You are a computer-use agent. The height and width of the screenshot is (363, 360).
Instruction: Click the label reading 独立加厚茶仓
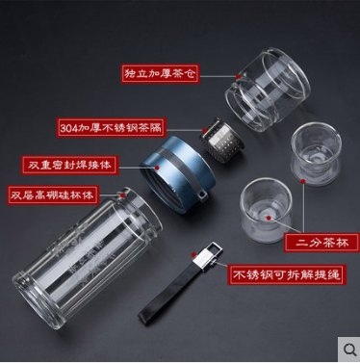point(161,74)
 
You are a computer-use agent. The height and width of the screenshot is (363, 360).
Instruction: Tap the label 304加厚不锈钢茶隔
point(111,128)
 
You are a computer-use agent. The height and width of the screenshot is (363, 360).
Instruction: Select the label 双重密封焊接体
point(69,166)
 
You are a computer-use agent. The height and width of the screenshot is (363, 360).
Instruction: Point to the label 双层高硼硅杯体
point(53,194)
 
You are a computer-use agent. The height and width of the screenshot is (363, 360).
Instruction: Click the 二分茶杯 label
point(321,243)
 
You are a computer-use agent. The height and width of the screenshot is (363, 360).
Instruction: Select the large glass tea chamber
point(268,90)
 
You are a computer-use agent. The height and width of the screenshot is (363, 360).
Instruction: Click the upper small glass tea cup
point(316,154)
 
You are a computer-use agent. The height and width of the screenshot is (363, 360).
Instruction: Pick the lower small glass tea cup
point(266,210)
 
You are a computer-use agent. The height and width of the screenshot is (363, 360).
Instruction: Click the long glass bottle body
point(88,257)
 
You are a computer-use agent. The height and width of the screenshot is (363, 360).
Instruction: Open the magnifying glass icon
point(349,350)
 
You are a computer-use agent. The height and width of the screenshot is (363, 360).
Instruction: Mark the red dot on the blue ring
point(157,168)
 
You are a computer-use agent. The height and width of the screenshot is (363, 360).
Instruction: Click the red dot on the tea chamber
point(238,76)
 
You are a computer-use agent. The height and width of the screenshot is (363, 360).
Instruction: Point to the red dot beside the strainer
point(204,130)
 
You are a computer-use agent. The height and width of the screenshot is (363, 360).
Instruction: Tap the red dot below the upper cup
point(303,181)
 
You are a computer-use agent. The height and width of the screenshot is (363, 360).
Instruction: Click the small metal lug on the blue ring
point(201,195)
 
